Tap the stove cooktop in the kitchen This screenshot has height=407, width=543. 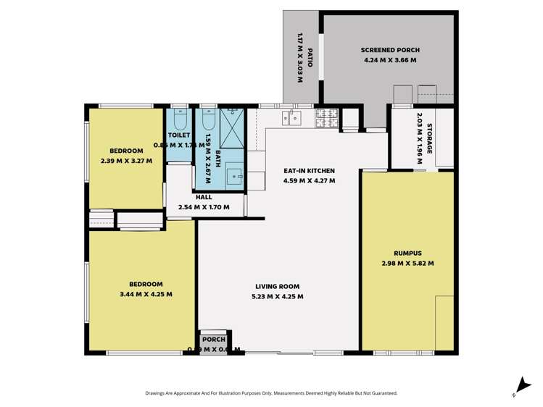click(326, 115)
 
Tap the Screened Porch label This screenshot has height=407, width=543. click(390, 50)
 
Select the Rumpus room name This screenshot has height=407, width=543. click(407, 253)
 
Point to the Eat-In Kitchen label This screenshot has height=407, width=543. click(309, 171)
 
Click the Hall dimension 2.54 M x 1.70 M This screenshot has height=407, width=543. click(204, 207)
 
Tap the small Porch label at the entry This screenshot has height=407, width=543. click(214, 340)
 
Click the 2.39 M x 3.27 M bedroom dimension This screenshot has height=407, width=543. click(126, 160)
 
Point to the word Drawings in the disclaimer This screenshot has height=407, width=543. click(157, 393)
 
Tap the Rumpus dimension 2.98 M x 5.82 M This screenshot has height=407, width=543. click(407, 264)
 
